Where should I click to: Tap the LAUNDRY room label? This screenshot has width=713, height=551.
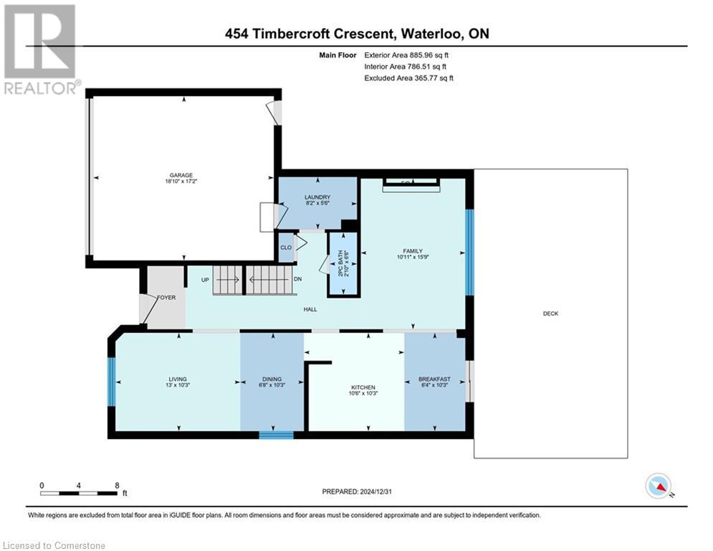(317, 197)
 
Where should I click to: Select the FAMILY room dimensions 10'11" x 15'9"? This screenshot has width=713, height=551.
(411, 257)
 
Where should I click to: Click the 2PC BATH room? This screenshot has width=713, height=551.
(343, 263)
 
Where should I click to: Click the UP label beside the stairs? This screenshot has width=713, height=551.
(205, 280)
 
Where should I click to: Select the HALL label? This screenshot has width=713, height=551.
(310, 309)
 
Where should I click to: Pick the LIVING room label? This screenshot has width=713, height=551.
(178, 380)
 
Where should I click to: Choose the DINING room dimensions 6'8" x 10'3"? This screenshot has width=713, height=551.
(272, 385)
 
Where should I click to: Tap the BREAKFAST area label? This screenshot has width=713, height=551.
(435, 380)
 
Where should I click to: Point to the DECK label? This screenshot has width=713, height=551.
(550, 314)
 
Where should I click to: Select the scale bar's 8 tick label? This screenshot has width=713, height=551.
(116, 485)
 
